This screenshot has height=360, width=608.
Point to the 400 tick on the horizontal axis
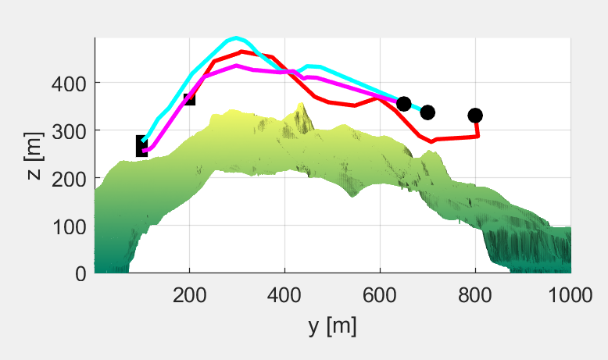[284, 294]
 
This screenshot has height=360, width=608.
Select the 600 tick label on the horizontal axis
[380, 294]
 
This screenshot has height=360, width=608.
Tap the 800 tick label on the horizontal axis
[475, 294]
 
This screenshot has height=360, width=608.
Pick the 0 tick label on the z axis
[80, 273]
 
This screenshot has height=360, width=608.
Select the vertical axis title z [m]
[34, 156]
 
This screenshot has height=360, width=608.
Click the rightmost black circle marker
[475, 116]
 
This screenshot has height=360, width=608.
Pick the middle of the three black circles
[427, 112]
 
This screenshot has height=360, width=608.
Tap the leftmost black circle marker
[403, 104]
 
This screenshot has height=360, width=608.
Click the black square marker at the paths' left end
[142, 146]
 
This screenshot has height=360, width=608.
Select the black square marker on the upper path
[188, 98]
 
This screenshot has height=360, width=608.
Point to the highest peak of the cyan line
[236, 37]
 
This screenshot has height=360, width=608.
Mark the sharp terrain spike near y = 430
[303, 105]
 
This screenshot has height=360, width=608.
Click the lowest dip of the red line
[431, 141]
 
